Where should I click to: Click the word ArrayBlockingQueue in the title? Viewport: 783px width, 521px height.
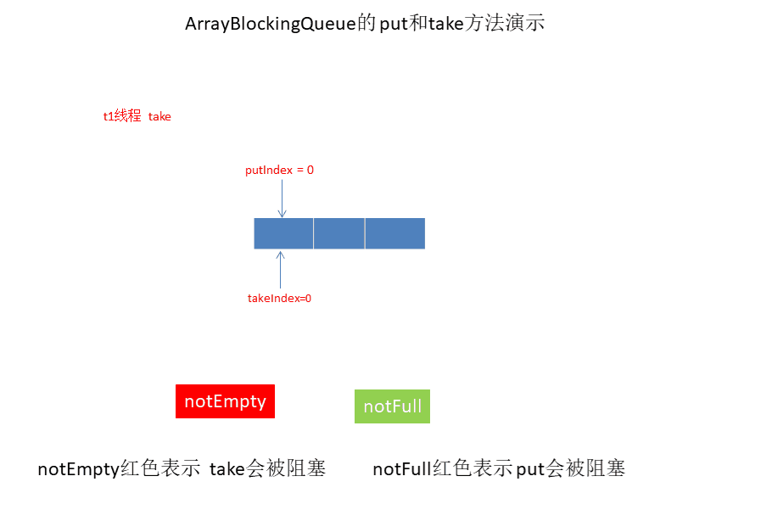(269, 24)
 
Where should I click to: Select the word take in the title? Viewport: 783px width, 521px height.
(445, 24)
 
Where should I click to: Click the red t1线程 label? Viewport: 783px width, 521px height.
(122, 117)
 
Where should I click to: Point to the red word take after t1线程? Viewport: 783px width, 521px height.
(159, 117)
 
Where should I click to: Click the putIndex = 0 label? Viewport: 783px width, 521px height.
(279, 170)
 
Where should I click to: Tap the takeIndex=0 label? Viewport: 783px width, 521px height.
(279, 299)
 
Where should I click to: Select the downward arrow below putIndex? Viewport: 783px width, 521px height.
(282, 199)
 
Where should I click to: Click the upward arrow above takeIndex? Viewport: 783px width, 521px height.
(281, 268)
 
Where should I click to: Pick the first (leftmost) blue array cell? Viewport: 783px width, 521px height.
(283, 233)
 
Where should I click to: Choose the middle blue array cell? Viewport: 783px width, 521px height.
(339, 233)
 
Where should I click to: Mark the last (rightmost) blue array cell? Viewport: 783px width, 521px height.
(395, 233)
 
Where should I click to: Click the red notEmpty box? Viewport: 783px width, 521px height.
(225, 401)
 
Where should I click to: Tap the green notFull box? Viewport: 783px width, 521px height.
(392, 406)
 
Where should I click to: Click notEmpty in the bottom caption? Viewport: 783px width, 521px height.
(79, 468)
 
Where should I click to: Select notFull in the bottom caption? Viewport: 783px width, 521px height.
(401, 468)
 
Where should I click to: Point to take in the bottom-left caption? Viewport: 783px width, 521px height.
(227, 468)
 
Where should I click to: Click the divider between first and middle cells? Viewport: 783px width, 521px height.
(314, 233)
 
